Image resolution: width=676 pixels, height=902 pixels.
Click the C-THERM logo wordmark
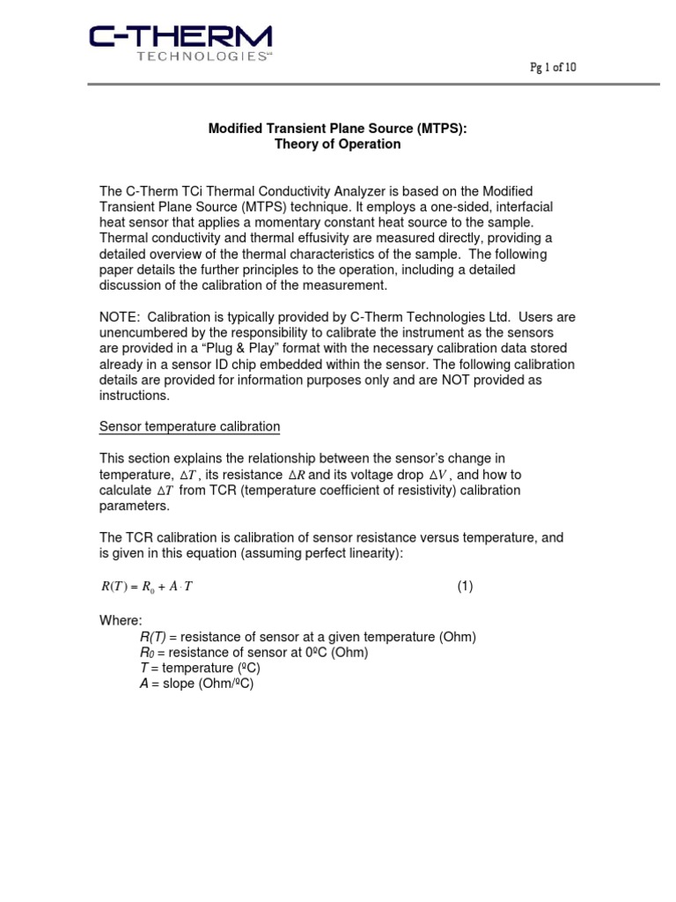[180, 37]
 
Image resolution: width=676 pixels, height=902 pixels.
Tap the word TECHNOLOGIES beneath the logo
[202, 57]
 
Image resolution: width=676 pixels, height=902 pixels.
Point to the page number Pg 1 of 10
[552, 68]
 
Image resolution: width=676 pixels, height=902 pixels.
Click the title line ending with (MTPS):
[337, 129]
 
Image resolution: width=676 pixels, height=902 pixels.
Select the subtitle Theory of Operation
[337, 144]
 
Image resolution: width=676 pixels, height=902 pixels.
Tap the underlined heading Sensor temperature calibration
[189, 427]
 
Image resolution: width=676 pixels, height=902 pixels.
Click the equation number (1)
[464, 587]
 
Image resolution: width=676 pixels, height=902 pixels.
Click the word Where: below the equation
[120, 621]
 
